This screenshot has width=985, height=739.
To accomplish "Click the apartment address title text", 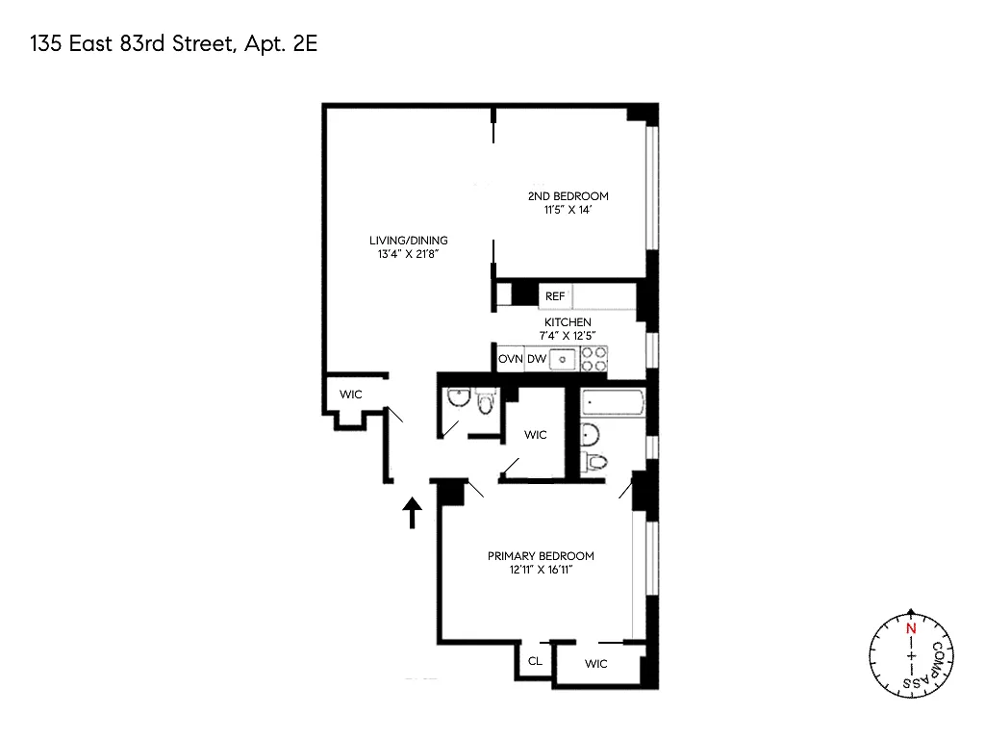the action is (174, 44).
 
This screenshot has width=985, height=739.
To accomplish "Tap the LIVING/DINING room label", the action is (408, 240).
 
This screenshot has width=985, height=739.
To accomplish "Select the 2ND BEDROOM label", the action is (568, 196).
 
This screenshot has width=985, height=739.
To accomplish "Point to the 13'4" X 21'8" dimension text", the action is (408, 254).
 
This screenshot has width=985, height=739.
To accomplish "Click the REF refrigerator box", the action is (555, 296).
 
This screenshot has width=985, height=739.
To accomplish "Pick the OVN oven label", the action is (510, 359).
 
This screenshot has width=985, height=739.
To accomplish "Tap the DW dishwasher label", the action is (537, 359).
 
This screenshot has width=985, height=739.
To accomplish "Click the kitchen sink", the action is (563, 360).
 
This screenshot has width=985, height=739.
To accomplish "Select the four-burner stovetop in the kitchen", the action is (594, 359).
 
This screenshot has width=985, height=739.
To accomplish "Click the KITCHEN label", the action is (568, 322).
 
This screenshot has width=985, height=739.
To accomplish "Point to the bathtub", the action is (613, 403).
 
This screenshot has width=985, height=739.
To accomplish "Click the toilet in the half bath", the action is (485, 401).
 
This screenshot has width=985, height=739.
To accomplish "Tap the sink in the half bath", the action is (459, 397).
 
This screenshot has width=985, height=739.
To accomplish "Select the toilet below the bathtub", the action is (594, 463).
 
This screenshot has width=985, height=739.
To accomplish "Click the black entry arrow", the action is (412, 512).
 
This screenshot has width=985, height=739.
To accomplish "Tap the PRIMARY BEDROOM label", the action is (541, 556).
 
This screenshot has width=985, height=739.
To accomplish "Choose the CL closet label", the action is (535, 661).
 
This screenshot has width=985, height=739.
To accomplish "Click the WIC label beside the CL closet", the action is (596, 664).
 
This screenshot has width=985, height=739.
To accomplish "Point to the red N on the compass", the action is (911, 628).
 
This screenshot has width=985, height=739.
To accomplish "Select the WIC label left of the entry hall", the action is (350, 395).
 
